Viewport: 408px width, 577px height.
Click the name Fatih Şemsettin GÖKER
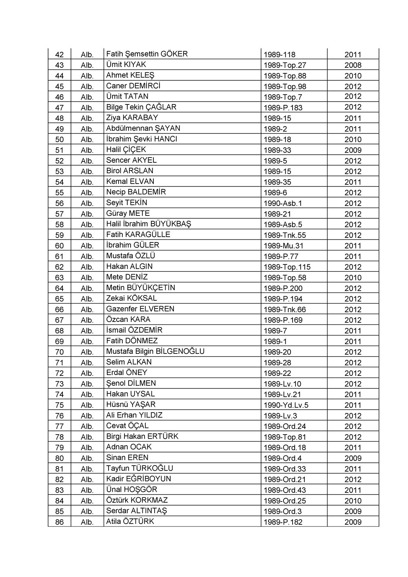pos(147,54)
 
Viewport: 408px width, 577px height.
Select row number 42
pos(60,55)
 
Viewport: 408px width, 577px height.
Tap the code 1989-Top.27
pos(285,65)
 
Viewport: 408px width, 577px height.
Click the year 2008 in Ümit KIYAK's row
pos(353,65)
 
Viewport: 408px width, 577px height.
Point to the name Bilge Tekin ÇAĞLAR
pos(141,107)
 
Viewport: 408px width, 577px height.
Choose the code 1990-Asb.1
pos(283,203)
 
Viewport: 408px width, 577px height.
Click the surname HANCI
pos(166,139)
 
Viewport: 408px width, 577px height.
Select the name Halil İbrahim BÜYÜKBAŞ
pos(149,224)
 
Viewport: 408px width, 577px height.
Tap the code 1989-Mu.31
pos(284,246)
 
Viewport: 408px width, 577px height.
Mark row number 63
pos(60,277)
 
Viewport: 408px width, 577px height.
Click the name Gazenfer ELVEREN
pos(140,309)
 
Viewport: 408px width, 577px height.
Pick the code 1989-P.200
pos(283,288)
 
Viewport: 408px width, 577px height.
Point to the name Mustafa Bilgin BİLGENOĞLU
pos(155,351)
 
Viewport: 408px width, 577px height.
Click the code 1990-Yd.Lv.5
pos(286,405)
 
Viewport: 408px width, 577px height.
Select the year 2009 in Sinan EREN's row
pos(353,458)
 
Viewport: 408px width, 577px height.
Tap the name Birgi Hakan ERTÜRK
pos(142,436)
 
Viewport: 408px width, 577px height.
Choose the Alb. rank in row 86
pos(87,522)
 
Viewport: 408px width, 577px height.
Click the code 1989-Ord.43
pos(285,490)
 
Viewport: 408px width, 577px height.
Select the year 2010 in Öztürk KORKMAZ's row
pos(353,501)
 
